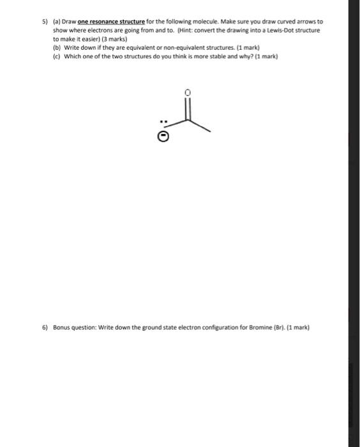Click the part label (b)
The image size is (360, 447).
[x=56, y=47]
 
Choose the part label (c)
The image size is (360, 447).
[x=56, y=56]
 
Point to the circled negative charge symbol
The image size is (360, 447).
[x=164, y=135]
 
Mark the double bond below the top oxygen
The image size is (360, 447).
[x=187, y=107]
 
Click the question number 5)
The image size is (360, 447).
[x=45, y=21]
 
